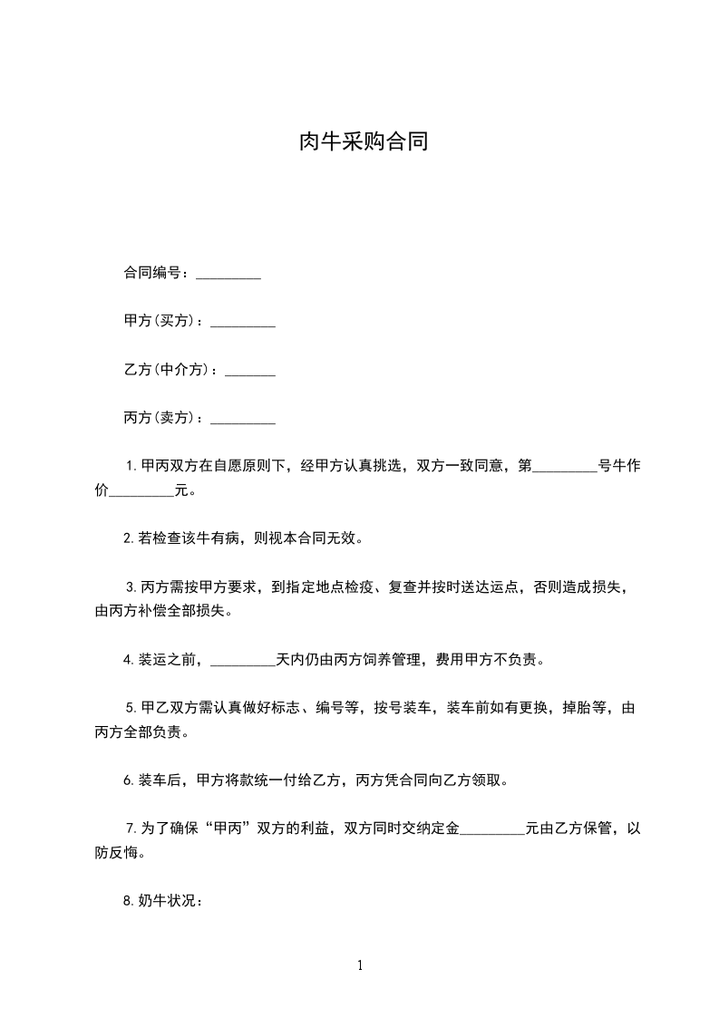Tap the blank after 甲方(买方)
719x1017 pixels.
pos(242,323)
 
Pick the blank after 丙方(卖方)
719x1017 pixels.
pos(242,420)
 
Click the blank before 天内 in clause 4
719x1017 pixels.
pos(242,660)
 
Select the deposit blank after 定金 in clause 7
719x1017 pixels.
pos(492,828)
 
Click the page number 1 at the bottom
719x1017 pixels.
pos(360,965)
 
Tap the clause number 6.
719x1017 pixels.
pos(128,780)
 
